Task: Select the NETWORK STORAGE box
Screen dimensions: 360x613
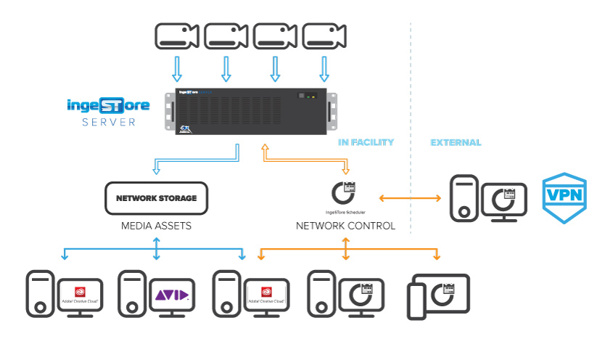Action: pos(156,197)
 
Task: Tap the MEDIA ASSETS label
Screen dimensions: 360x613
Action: pos(156,226)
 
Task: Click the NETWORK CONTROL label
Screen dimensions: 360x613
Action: pos(345,226)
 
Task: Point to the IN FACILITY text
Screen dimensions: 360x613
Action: pos(366,143)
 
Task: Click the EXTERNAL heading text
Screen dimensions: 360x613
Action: pos(456,143)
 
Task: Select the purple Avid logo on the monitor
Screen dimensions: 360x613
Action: pos(172,295)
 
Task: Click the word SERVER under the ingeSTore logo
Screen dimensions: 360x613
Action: pos(108,122)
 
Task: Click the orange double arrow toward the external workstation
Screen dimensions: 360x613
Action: pos(410,197)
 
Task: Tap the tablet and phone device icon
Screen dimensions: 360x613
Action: pos(437,295)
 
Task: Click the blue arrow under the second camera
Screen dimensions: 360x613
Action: pos(226,70)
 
